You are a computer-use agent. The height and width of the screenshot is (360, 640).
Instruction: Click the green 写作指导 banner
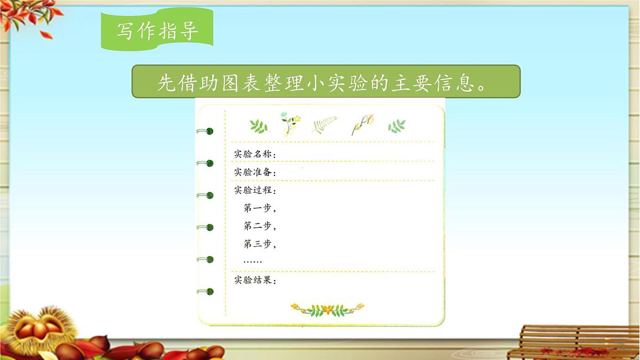pyautogui.click(x=157, y=30)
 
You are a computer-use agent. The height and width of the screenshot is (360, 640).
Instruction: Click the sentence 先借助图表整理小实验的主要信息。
pyautogui.click(x=326, y=82)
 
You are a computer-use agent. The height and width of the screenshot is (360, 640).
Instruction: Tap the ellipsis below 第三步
pyautogui.click(x=252, y=261)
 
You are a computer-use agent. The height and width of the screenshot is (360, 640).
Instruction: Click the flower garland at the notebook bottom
pyautogui.click(x=327, y=309)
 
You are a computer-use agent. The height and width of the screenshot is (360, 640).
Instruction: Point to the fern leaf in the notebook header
pyautogui.click(x=324, y=125)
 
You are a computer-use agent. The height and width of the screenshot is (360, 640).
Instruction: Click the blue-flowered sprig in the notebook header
pyautogui.click(x=290, y=123)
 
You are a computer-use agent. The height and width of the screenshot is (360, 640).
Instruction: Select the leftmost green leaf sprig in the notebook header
pyautogui.click(x=259, y=126)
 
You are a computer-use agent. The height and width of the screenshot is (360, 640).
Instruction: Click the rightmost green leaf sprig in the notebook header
pyautogui.click(x=396, y=126)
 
